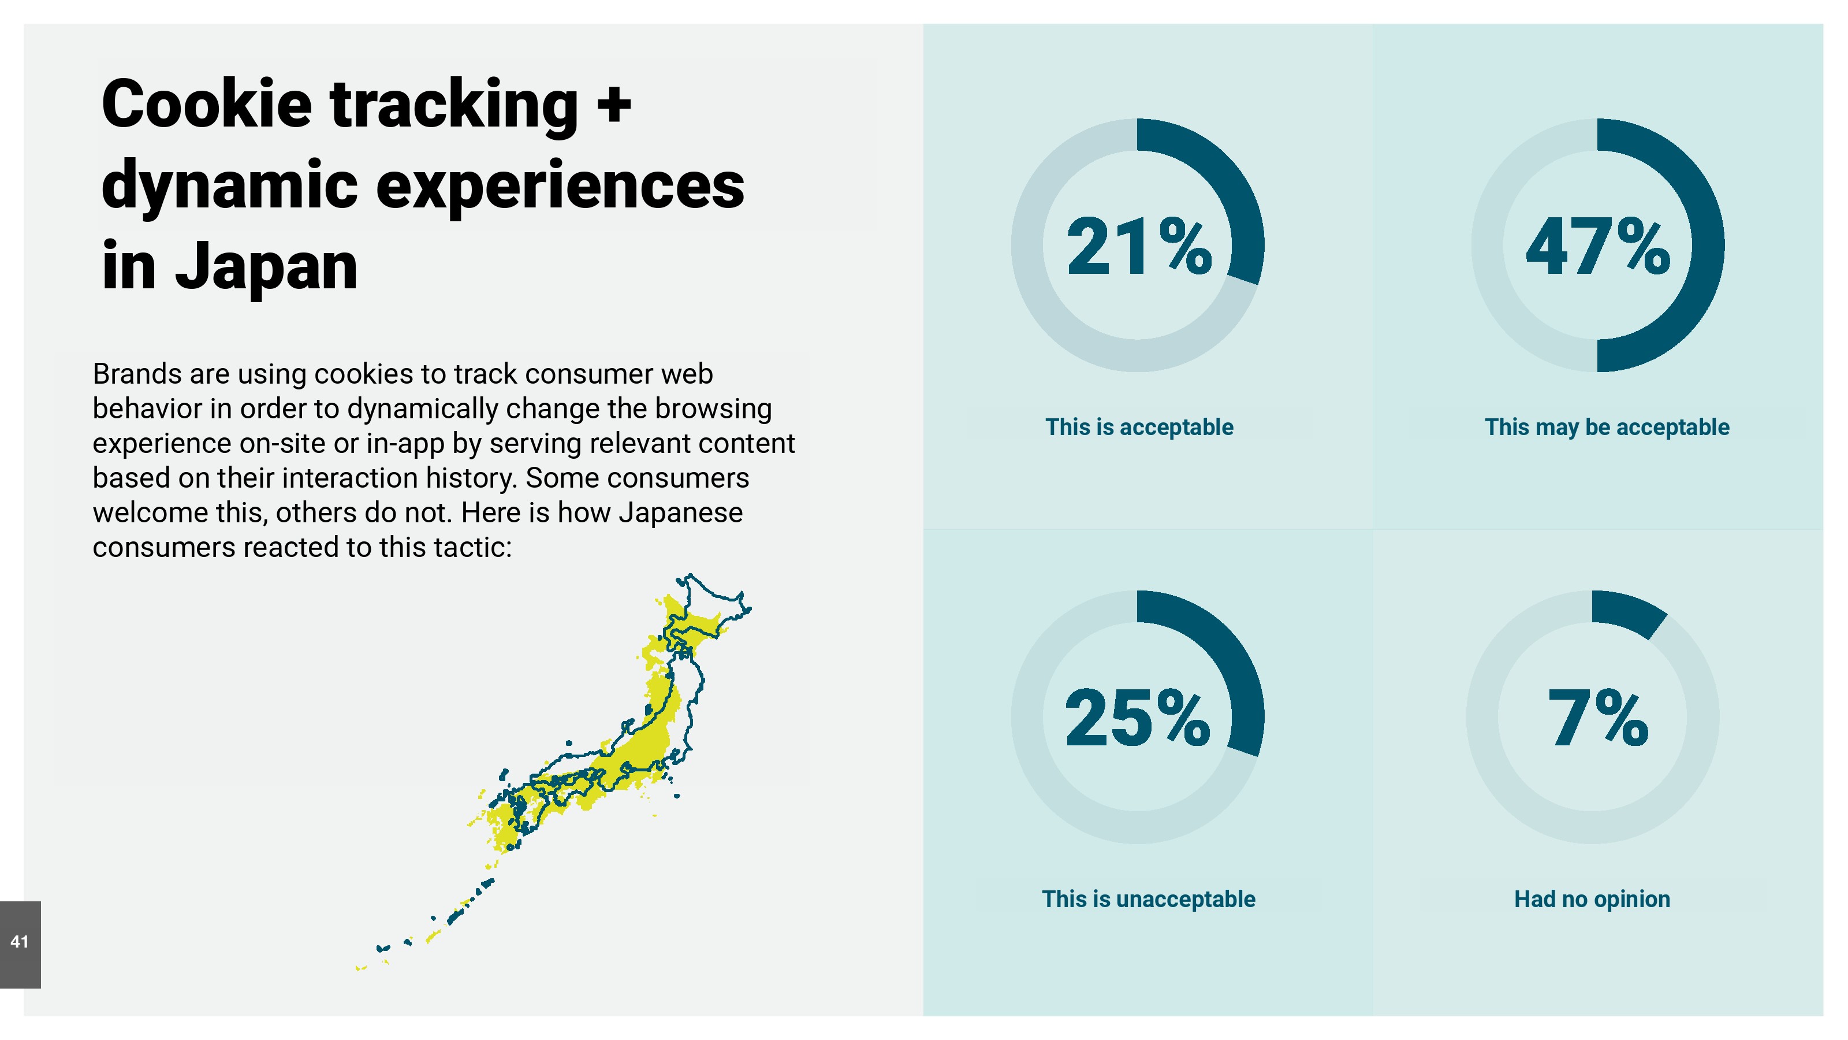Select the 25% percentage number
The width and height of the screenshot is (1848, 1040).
pyautogui.click(x=1138, y=718)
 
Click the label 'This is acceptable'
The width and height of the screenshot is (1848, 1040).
pyautogui.click(x=1139, y=427)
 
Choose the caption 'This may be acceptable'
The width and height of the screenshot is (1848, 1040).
pyautogui.click(x=1607, y=427)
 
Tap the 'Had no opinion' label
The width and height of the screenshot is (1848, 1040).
pyautogui.click(x=1592, y=900)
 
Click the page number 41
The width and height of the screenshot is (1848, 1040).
pyautogui.click(x=20, y=942)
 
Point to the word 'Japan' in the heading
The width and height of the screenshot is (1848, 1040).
pyautogui.click(x=266, y=267)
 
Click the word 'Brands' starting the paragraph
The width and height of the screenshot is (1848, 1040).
pyautogui.click(x=137, y=374)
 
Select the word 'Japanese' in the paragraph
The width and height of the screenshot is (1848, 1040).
pyautogui.click(x=680, y=513)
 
